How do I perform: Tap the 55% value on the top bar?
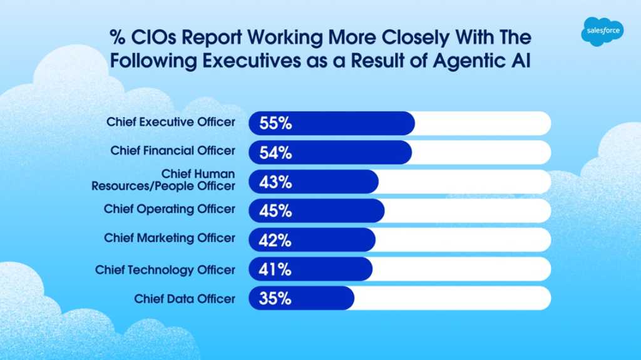(x=275, y=123)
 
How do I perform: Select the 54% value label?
(x=275, y=152)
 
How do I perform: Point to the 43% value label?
(x=275, y=182)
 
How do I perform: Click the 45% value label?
(x=275, y=211)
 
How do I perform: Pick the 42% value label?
(x=275, y=240)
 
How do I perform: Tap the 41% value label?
(x=275, y=269)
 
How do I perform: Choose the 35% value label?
(x=275, y=299)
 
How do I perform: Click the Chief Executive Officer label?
(x=171, y=122)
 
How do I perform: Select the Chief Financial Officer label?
(x=173, y=151)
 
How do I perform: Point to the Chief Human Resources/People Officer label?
(x=163, y=180)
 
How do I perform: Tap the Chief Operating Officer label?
(x=170, y=209)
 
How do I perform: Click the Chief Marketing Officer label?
(x=170, y=238)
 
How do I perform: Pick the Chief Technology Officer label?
(x=165, y=270)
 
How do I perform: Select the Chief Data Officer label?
(x=185, y=299)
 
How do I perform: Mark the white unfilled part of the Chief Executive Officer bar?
(x=482, y=123)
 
